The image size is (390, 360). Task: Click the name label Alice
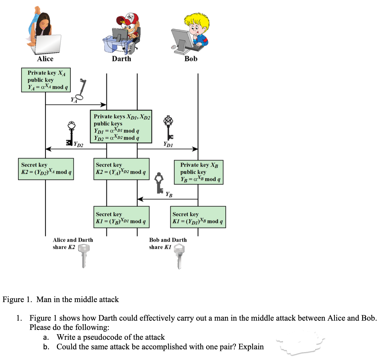(x=45, y=59)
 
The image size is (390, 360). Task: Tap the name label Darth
(x=121, y=59)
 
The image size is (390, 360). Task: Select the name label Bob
(x=191, y=59)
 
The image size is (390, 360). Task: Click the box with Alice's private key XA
(x=46, y=80)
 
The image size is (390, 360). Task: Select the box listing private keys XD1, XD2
(x=121, y=127)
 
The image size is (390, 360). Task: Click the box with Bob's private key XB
(x=199, y=172)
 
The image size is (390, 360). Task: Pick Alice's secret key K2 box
(x=46, y=169)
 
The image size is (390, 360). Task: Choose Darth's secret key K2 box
(x=121, y=169)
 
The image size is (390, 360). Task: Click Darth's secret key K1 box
(x=121, y=217)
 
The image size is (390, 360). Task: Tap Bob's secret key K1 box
(x=198, y=217)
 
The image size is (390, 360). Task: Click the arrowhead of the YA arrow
(x=104, y=105)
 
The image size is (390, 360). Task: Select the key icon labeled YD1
(x=169, y=127)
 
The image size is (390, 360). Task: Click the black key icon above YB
(x=160, y=183)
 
